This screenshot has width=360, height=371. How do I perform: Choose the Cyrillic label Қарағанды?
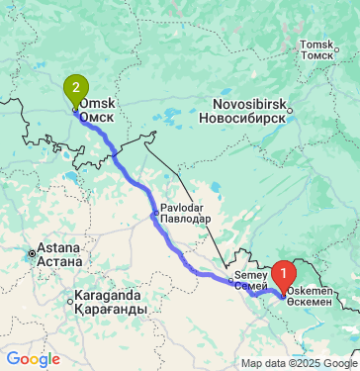click(x=111, y=310)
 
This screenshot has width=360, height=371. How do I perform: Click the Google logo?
click(x=33, y=358)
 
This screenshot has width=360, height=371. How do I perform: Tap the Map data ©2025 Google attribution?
click(x=298, y=363)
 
